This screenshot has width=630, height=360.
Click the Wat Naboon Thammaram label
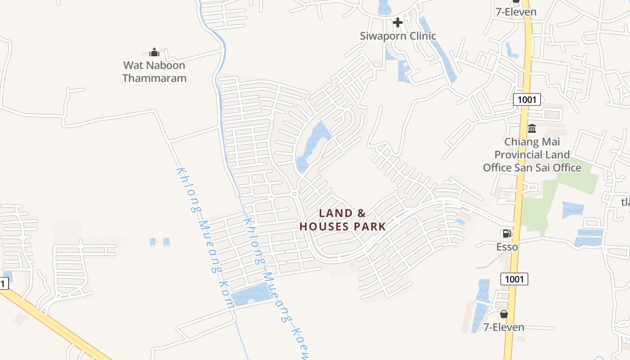154,72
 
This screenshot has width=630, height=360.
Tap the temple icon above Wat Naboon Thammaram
154,53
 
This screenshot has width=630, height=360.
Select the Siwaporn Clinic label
398,36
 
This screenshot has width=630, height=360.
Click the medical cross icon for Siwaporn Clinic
398,22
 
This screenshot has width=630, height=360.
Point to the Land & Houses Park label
342,220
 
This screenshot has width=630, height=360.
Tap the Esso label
507,247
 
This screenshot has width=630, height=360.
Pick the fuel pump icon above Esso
507,234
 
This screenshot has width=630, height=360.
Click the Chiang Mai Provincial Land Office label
532,155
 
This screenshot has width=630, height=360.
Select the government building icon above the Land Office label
532,129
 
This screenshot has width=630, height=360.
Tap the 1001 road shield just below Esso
514,279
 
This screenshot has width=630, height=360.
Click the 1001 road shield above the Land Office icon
526,99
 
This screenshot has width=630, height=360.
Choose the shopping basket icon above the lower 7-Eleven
504,314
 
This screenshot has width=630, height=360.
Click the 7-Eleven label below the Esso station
504,327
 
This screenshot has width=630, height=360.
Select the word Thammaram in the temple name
154,78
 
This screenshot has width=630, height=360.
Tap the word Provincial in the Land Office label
532,155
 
